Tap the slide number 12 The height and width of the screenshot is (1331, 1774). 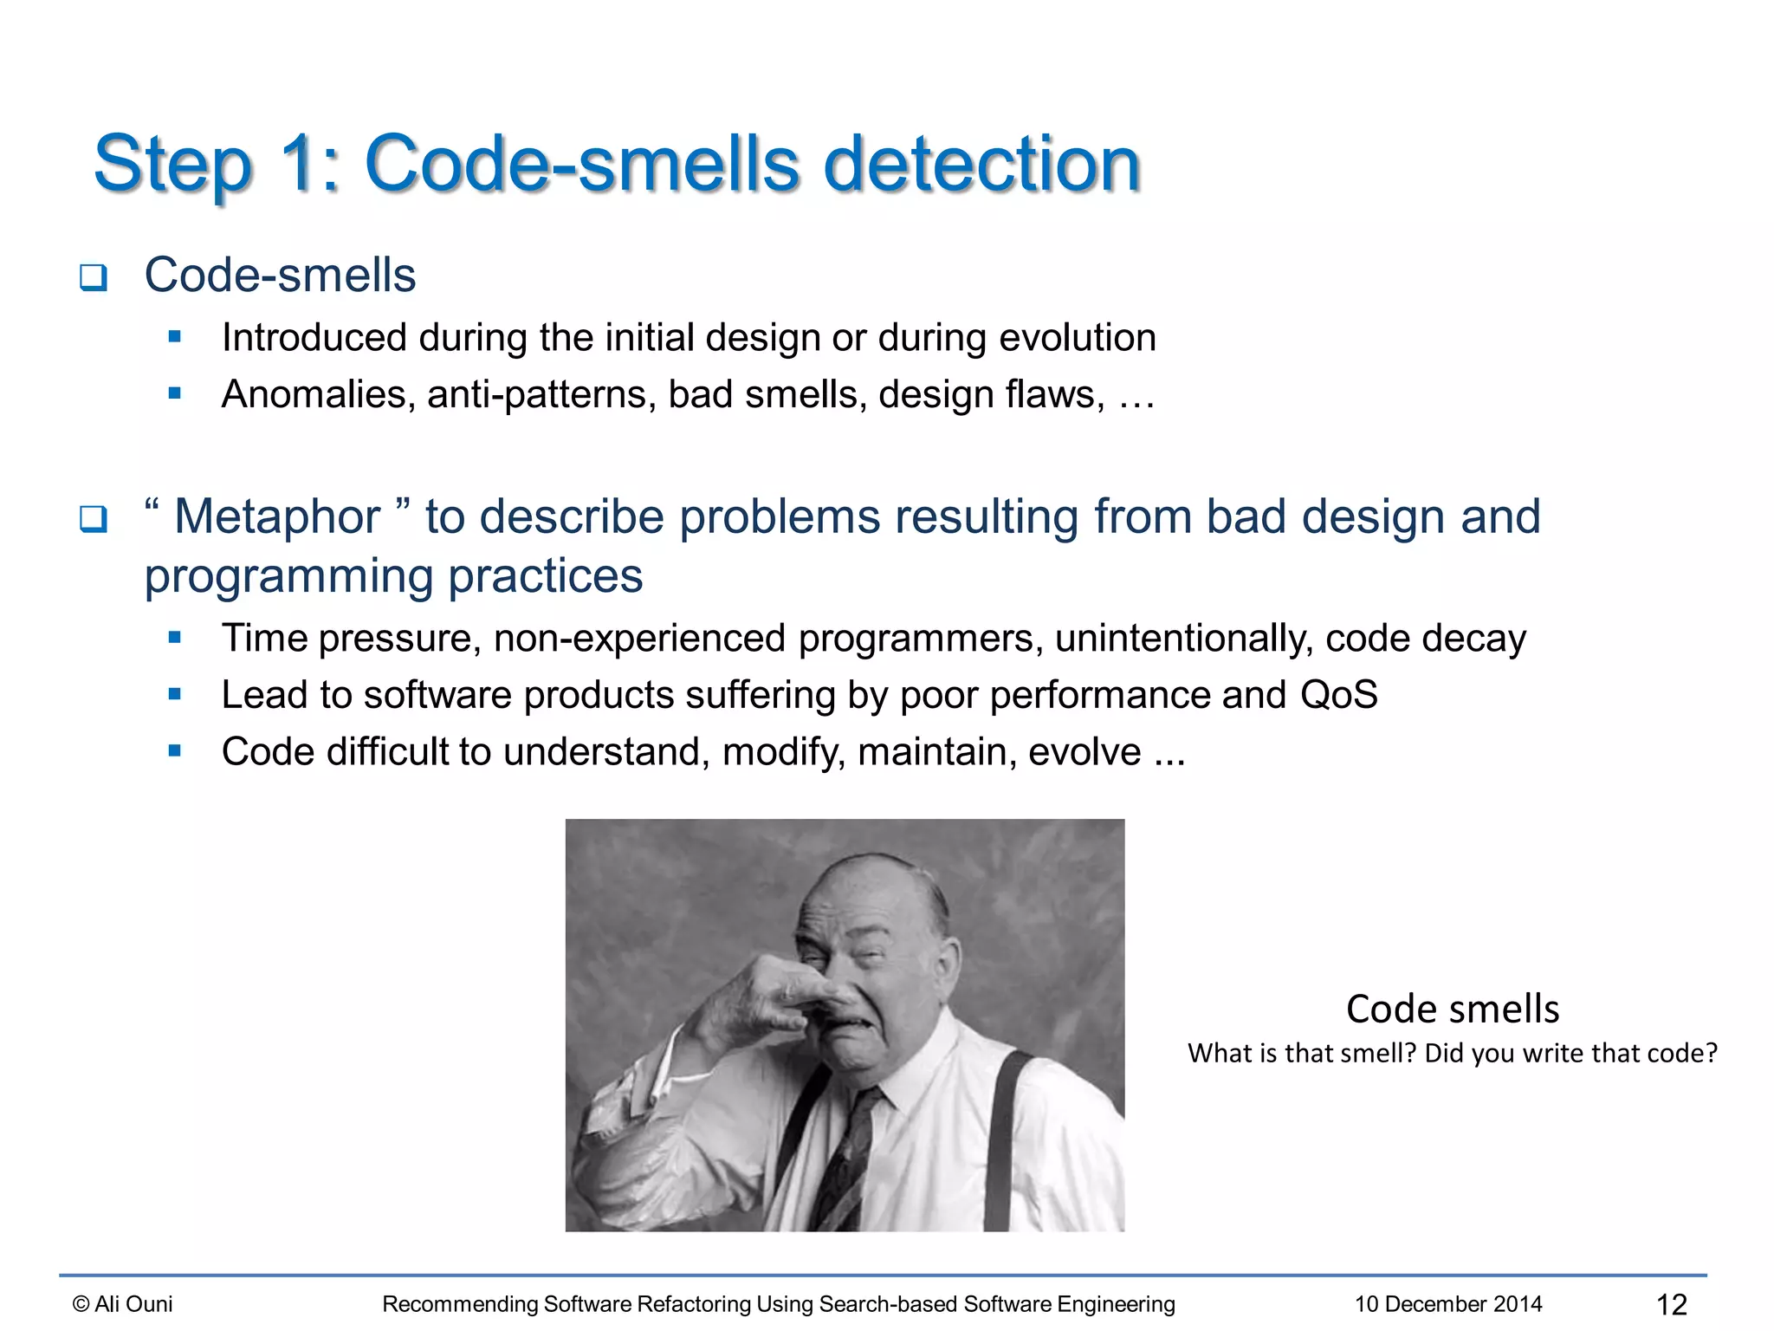coord(1671,1304)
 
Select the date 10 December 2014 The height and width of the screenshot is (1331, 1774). coord(1448,1304)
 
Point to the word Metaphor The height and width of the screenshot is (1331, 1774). coord(277,517)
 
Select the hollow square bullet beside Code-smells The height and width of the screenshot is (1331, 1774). coord(93,278)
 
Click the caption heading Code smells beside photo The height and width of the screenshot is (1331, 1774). coord(1453,1010)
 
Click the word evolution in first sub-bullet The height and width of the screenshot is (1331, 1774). coord(1078,338)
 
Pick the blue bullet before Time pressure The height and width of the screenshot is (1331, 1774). coord(175,638)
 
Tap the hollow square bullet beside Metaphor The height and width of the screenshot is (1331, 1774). coord(93,519)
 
